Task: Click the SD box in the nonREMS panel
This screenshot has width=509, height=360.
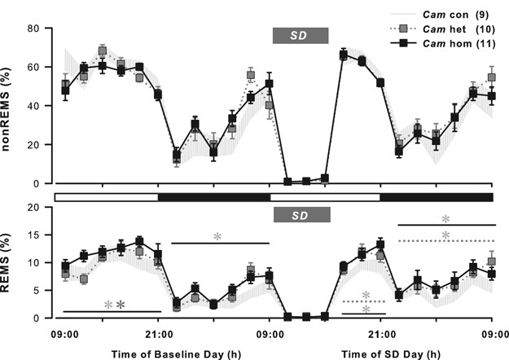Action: [x=300, y=35]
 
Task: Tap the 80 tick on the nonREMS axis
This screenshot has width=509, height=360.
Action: [x=34, y=29]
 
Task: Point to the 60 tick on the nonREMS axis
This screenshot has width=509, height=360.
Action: [x=34, y=67]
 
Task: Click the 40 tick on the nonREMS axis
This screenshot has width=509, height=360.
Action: [x=34, y=106]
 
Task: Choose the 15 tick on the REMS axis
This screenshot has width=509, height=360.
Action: [x=34, y=235]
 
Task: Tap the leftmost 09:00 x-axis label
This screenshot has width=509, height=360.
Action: [x=64, y=333]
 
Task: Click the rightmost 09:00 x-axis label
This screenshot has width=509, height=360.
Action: [x=492, y=333]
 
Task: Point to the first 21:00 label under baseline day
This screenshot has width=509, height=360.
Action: [x=158, y=333]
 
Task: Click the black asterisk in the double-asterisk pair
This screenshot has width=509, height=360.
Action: [x=120, y=305]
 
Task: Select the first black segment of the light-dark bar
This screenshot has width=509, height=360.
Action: [x=213, y=197]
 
